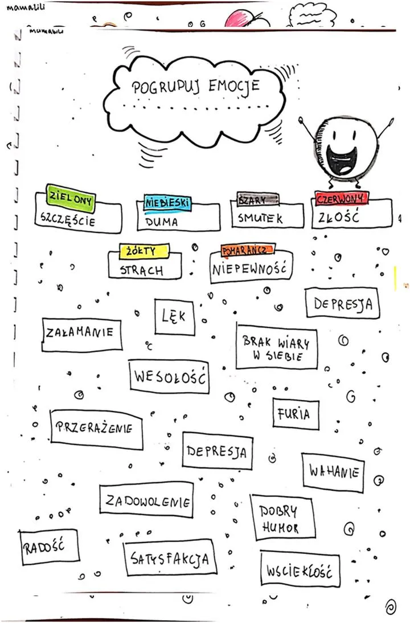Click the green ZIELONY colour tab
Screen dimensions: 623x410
click(71, 197)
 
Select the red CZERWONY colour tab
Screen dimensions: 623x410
click(341, 199)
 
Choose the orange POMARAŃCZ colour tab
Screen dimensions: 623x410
click(248, 251)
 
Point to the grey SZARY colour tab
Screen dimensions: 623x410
click(257, 200)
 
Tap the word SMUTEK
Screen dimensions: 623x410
click(261, 218)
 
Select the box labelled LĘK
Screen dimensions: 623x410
click(174, 316)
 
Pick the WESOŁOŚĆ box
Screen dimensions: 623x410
click(169, 377)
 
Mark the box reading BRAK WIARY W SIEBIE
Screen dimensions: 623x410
click(276, 348)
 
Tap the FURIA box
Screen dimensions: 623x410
click(294, 414)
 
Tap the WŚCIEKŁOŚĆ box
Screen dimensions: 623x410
click(299, 569)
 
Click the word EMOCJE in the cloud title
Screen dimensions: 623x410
click(234, 87)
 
